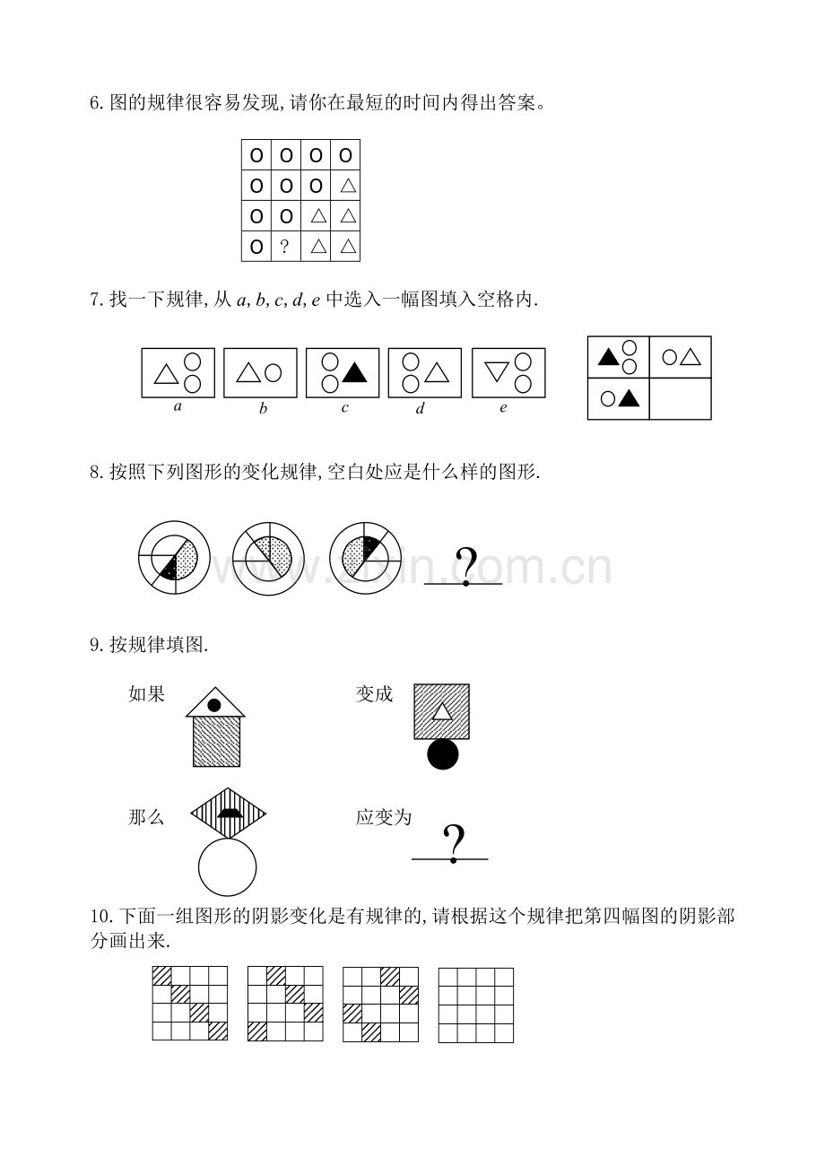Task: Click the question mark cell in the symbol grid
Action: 286,247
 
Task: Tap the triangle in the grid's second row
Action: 348,186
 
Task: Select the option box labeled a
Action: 178,373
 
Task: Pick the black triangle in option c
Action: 355,372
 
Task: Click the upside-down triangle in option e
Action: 497,371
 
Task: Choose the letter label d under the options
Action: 420,408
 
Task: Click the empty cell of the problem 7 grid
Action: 681,399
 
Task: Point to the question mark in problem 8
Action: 466,566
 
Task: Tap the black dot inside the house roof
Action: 214,705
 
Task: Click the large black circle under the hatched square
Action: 442,754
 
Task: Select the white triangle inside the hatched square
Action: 442,711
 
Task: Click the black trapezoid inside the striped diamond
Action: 228,814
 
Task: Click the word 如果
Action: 147,694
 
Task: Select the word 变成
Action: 374,694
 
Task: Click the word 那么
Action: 146,817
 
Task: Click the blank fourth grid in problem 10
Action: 476,1005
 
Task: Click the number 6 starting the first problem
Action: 95,103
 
